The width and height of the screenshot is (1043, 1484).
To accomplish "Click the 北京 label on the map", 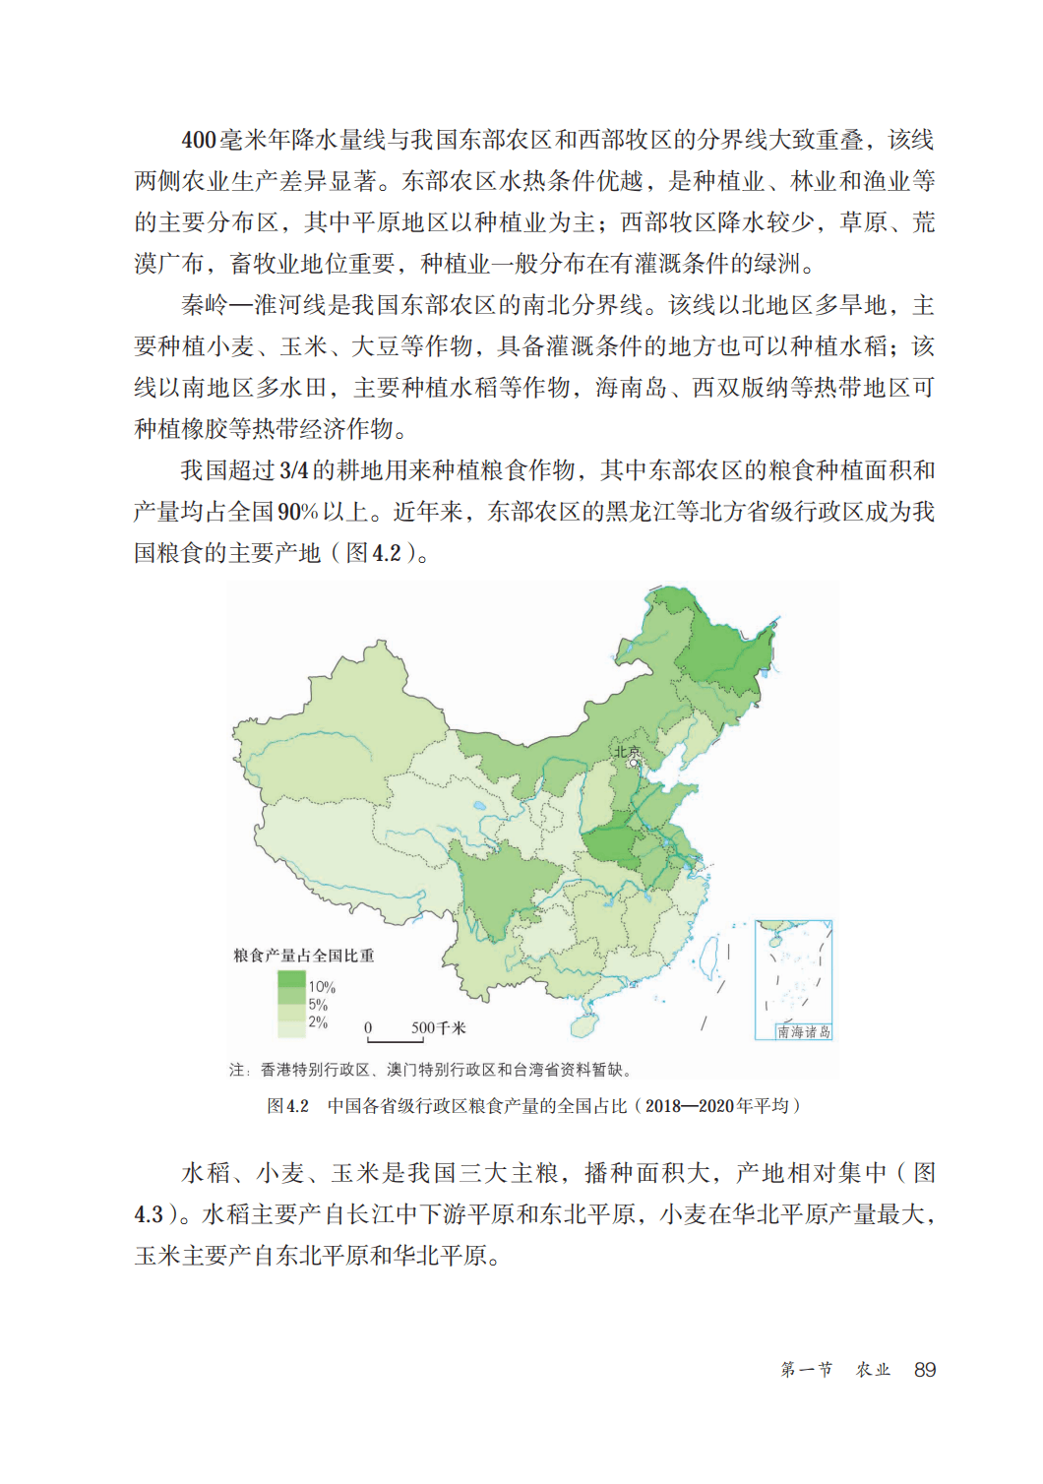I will point(627,752).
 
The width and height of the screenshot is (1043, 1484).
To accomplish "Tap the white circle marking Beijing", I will point(634,763).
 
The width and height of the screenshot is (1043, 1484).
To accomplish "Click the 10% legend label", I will point(322,986).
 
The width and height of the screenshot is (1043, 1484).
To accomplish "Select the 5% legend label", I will point(318,1004).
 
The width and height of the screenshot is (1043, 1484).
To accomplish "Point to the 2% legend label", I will point(318,1021).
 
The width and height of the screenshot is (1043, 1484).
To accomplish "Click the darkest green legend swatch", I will point(291,979).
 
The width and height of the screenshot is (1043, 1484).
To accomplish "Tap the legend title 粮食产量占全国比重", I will point(303,955).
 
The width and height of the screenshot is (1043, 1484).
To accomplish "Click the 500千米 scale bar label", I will point(439,1027).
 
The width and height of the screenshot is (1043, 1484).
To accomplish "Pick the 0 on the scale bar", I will point(368,1027).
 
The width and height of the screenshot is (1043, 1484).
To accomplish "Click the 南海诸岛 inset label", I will point(803,1031).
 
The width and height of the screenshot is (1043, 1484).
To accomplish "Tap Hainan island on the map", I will point(583,1024).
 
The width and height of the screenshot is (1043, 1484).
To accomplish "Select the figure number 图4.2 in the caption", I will point(287,1105).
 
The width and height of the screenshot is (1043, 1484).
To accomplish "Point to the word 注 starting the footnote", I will point(236,1069).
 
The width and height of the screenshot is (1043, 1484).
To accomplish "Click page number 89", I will point(924,1369).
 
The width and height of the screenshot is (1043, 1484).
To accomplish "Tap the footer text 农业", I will point(873,1369).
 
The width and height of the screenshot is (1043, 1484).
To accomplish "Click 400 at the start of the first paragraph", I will point(198,140).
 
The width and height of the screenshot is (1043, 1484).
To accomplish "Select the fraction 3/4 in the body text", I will point(294,470).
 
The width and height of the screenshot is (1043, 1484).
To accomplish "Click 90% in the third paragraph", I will point(297,512).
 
